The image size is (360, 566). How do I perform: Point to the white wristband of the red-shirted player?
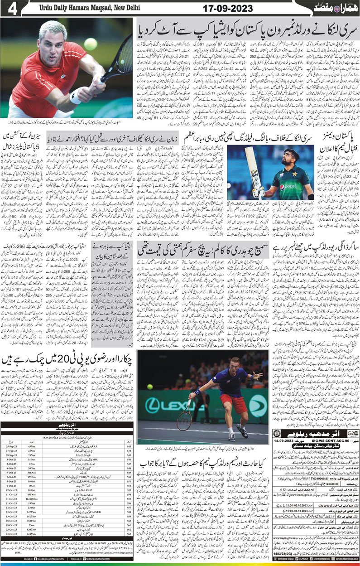tap(75, 96)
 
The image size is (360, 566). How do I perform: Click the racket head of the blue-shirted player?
tap(184, 421)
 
